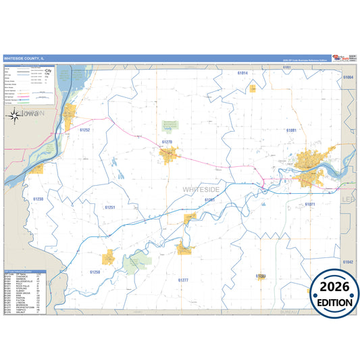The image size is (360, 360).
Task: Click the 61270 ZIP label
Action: click(x=168, y=142)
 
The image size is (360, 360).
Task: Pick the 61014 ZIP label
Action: click(x=242, y=72)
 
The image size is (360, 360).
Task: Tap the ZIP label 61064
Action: click(x=348, y=78)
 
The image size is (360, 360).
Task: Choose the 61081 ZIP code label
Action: click(x=292, y=130)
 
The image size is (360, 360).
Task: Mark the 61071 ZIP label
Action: click(x=310, y=203)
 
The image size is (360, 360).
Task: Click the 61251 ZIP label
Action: click(x=110, y=207)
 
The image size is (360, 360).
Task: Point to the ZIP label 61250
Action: click(x=95, y=272)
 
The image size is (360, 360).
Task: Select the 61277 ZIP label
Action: click(x=183, y=279)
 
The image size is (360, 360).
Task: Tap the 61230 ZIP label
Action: click(x=38, y=199)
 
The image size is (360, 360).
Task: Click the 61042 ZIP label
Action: click(x=348, y=261)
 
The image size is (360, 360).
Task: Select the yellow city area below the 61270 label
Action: click(x=168, y=155)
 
